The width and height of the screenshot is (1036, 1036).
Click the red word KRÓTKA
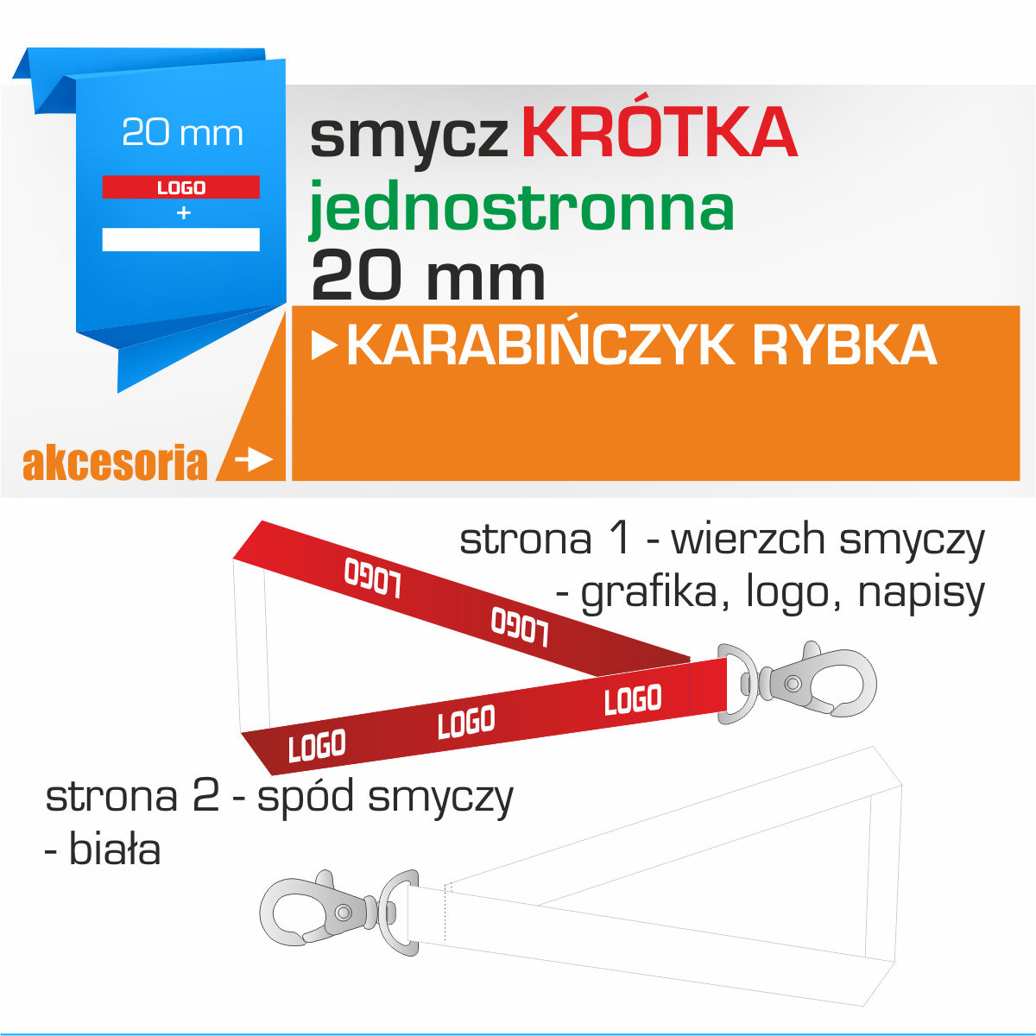(659, 132)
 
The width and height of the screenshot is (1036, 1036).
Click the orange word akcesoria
(115, 463)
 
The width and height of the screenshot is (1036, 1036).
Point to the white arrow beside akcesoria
(254, 459)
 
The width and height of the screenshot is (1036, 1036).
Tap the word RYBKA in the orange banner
(844, 345)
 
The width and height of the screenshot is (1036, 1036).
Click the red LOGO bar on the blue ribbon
(180, 186)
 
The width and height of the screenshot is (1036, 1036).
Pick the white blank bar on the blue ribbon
(180, 239)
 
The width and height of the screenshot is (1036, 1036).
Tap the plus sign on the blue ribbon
(183, 213)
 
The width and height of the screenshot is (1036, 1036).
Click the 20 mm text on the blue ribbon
(182, 132)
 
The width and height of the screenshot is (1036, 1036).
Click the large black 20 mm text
(428, 275)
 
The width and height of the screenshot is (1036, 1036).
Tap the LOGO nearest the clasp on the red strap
(633, 699)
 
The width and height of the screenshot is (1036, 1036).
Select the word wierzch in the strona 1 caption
(749, 540)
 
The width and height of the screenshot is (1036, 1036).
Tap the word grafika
(655, 593)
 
